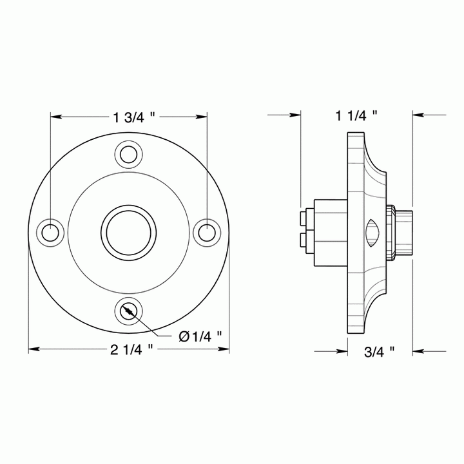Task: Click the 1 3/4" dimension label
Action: coord(134,117)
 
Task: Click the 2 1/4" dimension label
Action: coord(131,349)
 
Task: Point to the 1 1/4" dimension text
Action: coord(356,115)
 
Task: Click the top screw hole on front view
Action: coord(128,154)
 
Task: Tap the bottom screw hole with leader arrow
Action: coord(128,311)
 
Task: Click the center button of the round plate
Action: coord(128,231)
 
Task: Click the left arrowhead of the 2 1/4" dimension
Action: coord(32,349)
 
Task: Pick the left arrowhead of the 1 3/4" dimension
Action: coord(55,117)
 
